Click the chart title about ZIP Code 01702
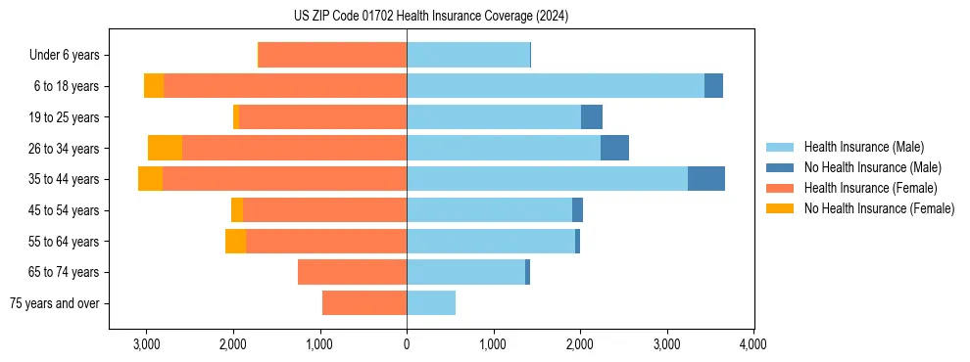[x=430, y=17]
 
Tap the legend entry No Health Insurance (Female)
[x=879, y=208]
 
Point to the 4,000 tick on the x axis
[x=752, y=343]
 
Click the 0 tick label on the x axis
[x=407, y=343]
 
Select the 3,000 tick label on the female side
[x=146, y=343]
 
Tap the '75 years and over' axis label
[x=55, y=303]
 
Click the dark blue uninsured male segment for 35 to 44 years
[x=705, y=179]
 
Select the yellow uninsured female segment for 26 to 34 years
[x=165, y=148]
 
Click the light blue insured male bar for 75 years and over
[x=431, y=303]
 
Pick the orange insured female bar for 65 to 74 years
[x=352, y=272]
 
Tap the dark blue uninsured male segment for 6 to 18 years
[x=713, y=86]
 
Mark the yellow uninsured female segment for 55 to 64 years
[x=235, y=241]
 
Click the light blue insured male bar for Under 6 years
[x=468, y=56]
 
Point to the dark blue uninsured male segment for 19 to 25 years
[x=591, y=117]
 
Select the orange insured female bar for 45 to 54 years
[x=324, y=210]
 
